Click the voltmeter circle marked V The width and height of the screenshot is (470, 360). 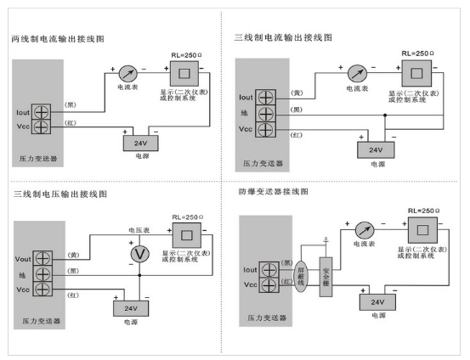click(139, 254)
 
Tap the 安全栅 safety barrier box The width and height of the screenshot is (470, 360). click(326, 277)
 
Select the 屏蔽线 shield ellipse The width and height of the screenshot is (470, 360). click(301, 277)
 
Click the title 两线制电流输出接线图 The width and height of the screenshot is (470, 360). click(58, 39)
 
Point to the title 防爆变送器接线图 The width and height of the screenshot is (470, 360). click(274, 191)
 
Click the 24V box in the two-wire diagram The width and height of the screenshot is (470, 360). click(140, 143)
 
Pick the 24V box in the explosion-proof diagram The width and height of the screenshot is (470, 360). click(377, 302)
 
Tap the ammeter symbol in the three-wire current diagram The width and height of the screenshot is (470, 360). click(357, 73)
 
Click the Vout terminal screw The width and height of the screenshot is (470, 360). click(42, 258)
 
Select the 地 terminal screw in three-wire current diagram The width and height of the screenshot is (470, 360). click(265, 114)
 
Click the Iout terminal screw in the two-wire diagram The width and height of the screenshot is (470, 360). click(41, 112)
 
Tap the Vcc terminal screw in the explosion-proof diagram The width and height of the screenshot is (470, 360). click(269, 284)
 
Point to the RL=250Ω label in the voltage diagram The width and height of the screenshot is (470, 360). click(188, 217)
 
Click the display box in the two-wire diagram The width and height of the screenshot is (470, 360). click(184, 74)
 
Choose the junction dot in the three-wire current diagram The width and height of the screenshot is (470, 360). click(385, 115)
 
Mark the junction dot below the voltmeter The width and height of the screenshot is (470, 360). click(139, 275)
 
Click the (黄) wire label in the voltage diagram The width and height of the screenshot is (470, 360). click(73, 255)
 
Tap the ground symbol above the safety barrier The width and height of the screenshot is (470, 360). click(326, 239)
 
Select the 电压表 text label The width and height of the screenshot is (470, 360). click(139, 230)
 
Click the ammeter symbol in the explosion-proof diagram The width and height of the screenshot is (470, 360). click(365, 231)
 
